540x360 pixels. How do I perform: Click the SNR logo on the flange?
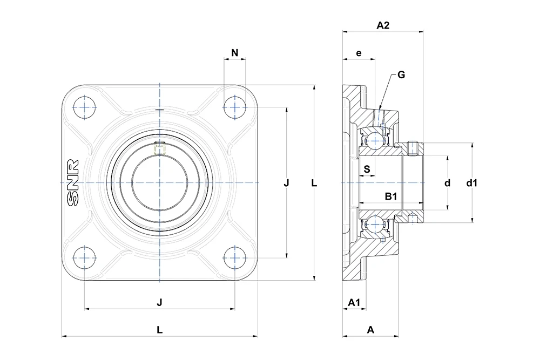[73, 183]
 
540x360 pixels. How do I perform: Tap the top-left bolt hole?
[84, 108]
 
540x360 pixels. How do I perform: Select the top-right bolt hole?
[234, 108]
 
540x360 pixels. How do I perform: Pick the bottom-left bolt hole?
[84, 258]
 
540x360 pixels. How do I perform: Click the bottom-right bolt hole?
[234, 258]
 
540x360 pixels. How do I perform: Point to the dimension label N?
[234, 53]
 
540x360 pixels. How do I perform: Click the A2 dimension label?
[383, 25]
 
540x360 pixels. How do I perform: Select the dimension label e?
[359, 53]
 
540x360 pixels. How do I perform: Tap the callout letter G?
[401, 74]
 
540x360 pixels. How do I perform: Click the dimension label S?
[367, 169]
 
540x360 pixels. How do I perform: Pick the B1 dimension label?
[391, 196]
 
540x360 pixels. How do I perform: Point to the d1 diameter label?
[472, 183]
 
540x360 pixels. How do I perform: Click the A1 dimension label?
[354, 302]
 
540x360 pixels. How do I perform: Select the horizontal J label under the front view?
[159, 303]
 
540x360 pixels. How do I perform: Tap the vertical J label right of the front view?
[286, 183]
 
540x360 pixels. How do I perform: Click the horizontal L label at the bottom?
[159, 330]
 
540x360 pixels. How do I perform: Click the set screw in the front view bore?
[159, 148]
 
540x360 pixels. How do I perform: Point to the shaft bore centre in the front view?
[160, 183]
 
